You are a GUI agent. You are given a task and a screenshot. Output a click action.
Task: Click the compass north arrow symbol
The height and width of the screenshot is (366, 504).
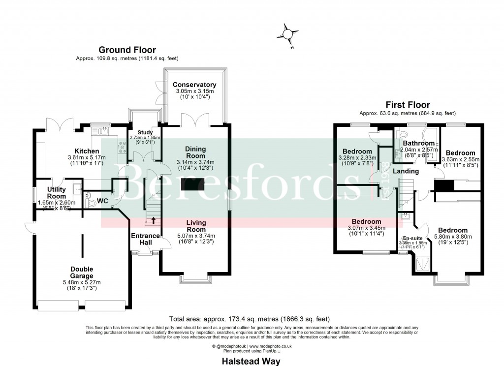coord(287,34)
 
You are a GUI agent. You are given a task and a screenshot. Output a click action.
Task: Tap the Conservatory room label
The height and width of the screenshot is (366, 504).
coord(195,85)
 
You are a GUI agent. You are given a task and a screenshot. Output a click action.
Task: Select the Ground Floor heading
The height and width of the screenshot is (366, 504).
coord(127,50)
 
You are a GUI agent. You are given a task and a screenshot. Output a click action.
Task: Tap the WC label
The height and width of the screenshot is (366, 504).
coord(102,201)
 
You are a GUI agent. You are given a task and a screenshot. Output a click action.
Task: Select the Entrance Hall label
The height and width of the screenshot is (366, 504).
coord(145,239)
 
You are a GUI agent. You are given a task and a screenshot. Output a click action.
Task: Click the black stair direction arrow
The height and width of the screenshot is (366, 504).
coord(154,220)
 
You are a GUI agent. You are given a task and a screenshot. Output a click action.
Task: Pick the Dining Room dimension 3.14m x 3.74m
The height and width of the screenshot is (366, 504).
coord(195,162)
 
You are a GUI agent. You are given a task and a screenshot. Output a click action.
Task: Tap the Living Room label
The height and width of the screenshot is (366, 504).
coord(195,226)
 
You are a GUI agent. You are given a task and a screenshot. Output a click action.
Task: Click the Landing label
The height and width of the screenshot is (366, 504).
coord(406,171)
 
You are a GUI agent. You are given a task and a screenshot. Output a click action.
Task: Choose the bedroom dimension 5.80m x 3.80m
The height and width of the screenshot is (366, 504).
coord(452,237)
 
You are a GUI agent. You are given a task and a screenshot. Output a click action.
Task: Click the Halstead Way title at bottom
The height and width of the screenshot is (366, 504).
coord(251,361)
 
